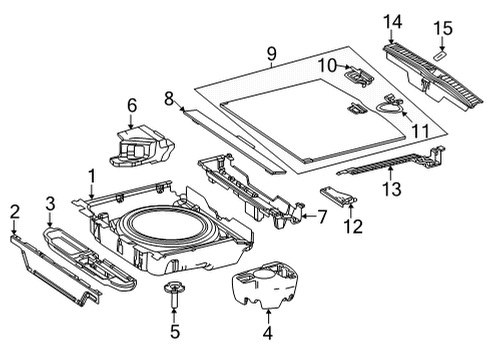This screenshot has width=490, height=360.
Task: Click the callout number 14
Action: [392, 22]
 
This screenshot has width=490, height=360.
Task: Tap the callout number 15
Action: [443, 28]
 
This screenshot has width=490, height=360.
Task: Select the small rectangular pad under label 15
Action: [439, 55]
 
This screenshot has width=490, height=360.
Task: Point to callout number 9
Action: [272, 54]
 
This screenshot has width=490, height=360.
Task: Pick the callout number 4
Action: [268, 332]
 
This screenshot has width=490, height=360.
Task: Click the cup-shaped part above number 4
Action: [264, 285]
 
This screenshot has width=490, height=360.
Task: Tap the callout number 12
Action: [353, 227]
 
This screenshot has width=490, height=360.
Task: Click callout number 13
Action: [392, 189]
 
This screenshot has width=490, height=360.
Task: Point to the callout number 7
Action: [321, 217]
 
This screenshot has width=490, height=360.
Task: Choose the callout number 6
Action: [132, 106]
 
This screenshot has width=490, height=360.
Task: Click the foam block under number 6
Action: [142, 146]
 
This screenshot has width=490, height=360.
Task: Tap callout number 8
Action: [169, 99]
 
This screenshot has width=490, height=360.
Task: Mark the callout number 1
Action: [92, 176]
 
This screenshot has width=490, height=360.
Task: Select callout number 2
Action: [15, 212]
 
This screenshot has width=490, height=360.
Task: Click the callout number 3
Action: [50, 204]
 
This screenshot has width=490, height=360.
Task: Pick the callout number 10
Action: [327, 65]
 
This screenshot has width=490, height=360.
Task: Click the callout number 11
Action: [421, 131]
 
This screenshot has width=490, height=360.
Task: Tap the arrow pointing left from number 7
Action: [308, 216]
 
